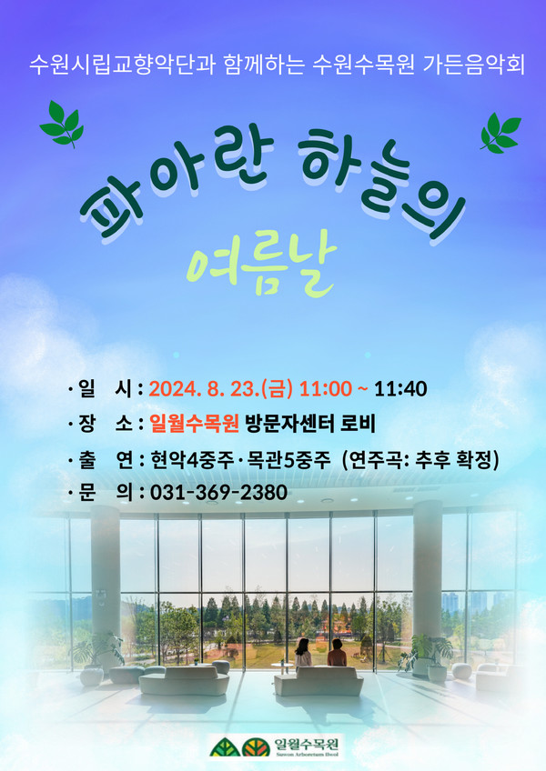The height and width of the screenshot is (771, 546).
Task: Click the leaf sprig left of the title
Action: [62, 124]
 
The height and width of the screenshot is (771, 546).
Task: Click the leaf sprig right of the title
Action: [500, 133]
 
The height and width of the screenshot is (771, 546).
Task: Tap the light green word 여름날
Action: [261, 269]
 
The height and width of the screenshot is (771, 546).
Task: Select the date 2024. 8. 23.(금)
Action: [220, 388]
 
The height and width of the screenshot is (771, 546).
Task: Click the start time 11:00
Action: [326, 388]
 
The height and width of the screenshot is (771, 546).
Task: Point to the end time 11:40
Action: [400, 388]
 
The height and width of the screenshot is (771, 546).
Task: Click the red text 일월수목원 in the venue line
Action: [195, 424]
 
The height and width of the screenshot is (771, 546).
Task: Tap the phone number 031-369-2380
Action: [218, 492]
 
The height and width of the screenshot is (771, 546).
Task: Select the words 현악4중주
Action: [193, 460]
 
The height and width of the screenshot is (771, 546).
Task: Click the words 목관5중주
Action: [288, 460]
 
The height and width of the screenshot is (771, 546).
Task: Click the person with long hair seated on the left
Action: [303, 653]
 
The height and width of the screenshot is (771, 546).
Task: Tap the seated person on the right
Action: [337, 653]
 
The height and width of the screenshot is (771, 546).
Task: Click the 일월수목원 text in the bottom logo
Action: [307, 744]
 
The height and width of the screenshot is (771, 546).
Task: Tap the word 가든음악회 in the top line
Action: [474, 65]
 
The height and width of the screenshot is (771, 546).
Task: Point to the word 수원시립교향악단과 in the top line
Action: [122, 65]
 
